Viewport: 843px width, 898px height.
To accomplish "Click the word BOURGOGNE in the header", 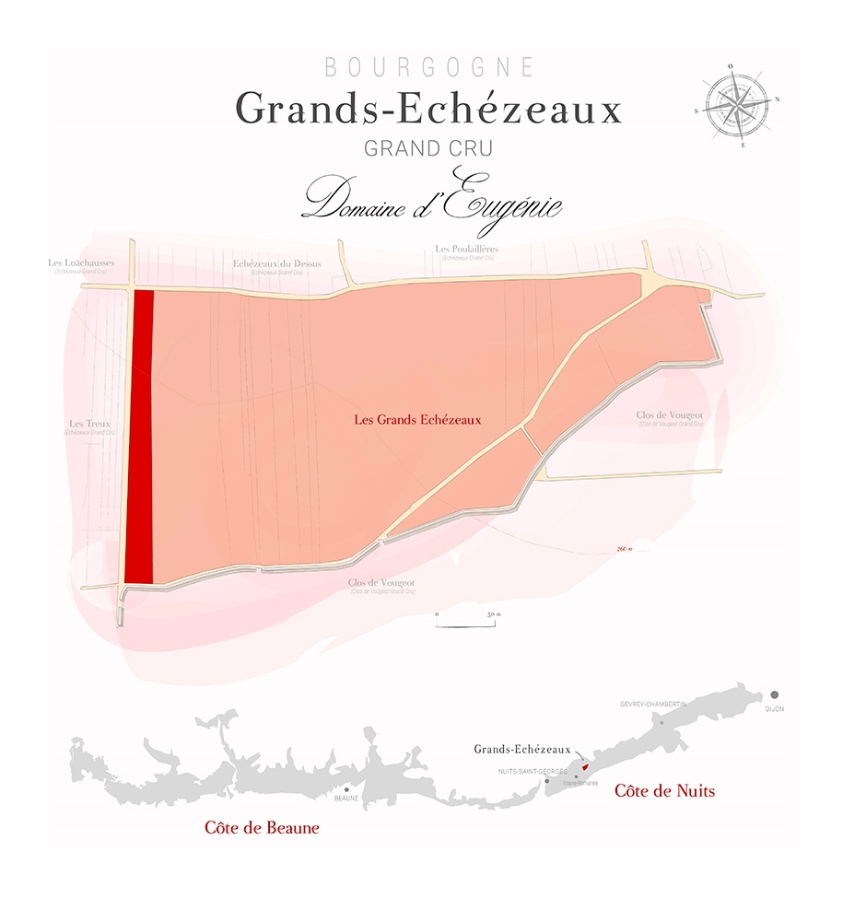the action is point(429,67).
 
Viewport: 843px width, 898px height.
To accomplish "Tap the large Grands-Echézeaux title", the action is point(429,110).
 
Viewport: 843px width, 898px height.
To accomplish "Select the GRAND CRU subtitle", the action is point(428,148).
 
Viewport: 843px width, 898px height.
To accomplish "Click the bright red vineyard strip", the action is point(139,437).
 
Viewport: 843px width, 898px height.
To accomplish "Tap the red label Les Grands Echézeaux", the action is point(418,418).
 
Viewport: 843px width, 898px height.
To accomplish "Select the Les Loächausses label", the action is point(81,262).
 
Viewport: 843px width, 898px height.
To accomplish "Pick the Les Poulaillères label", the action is point(466,249).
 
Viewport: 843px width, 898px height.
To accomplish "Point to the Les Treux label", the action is point(90,424).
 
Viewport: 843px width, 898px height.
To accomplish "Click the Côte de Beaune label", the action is point(262,828).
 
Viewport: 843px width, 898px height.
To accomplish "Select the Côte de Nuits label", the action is point(664,790).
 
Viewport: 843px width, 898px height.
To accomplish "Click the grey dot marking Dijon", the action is point(776,694).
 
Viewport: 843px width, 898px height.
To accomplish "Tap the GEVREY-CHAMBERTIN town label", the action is point(654,705).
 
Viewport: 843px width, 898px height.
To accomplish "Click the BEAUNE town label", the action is point(346,799).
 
